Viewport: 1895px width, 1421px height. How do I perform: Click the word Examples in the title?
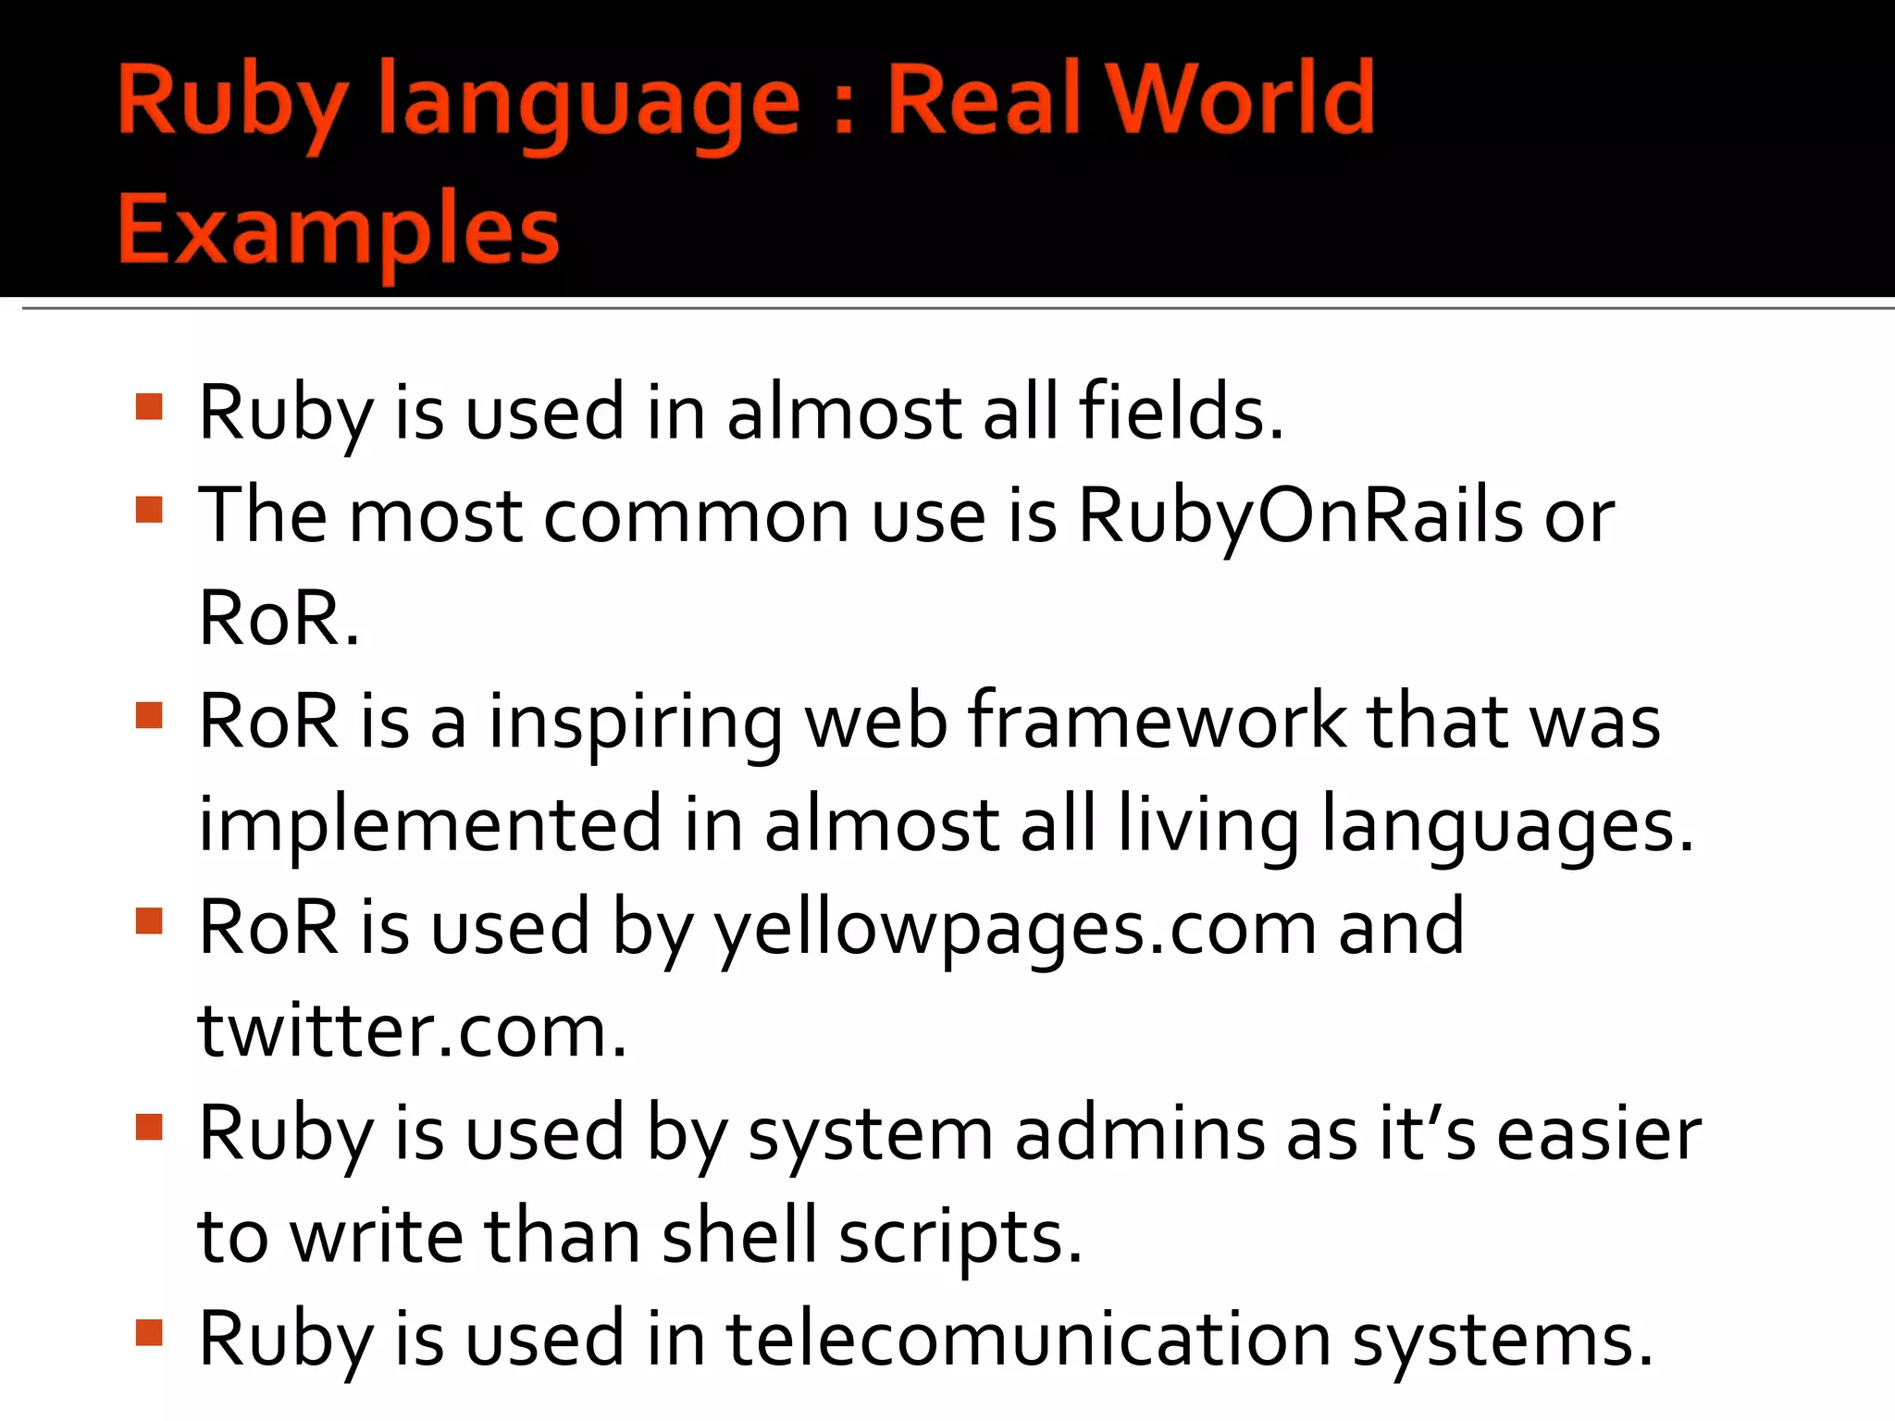(339, 229)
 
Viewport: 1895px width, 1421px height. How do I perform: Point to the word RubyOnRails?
(1300, 516)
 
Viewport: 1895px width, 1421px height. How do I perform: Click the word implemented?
(430, 825)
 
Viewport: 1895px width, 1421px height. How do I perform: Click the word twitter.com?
(413, 1031)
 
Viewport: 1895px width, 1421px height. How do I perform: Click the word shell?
(739, 1236)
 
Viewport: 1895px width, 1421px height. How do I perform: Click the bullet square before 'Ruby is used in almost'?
(149, 407)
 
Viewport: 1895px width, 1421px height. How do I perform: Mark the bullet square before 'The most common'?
(149, 510)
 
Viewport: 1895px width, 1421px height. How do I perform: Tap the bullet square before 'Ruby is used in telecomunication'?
(149, 1332)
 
